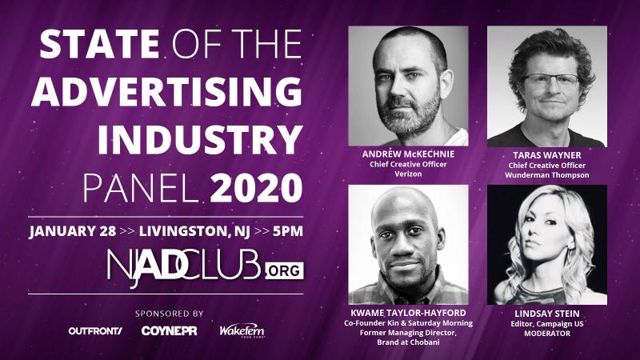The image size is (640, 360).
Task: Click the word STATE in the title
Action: tap(99, 44)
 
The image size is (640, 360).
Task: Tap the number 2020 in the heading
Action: tap(257, 188)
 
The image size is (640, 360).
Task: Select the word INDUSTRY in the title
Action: tap(200, 140)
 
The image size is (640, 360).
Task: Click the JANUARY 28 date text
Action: tap(73, 231)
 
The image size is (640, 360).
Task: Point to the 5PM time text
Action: tap(288, 231)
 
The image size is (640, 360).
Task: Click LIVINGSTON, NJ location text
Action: tap(194, 231)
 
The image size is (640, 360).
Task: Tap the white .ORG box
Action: tap(285, 271)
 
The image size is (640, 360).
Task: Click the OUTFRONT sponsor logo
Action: tap(95, 331)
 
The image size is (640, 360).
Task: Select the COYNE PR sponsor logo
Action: tap(169, 331)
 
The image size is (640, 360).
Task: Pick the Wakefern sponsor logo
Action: tap(242, 331)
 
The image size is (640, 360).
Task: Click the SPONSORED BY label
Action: tap(170, 314)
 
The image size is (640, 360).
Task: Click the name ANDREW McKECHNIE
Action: tap(408, 154)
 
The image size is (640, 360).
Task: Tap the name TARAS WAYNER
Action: tap(547, 155)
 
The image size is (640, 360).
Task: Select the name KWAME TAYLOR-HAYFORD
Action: tap(408, 313)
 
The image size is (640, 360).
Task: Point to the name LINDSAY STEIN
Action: tap(547, 314)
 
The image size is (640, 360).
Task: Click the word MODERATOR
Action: tap(547, 334)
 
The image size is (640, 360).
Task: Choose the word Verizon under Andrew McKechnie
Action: tap(408, 174)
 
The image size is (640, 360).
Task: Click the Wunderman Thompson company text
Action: tap(547, 175)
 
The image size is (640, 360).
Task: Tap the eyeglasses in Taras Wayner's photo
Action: tap(550, 81)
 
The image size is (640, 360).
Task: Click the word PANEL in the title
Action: tap(139, 188)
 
